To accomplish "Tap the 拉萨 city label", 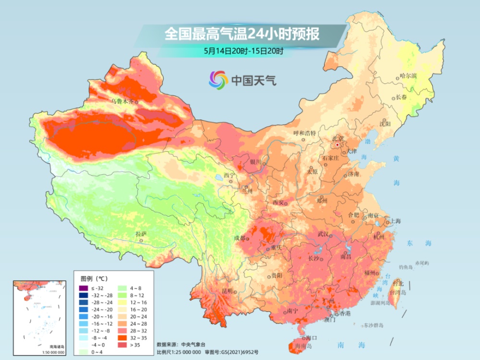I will [141, 234].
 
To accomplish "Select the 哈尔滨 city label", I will [408, 76].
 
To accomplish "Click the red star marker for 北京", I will [337, 144].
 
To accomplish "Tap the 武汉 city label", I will [323, 234].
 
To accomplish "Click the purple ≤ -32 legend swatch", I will [84, 288].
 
